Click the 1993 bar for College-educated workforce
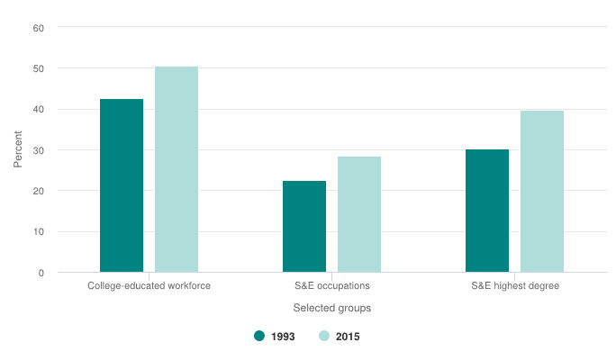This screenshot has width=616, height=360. [122, 185]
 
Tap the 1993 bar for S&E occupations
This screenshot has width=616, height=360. [304, 227]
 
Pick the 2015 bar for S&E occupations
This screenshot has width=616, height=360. [359, 214]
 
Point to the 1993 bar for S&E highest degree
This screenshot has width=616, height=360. [487, 211]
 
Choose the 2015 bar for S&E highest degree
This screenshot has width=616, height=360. [542, 191]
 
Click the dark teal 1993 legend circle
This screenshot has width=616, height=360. [260, 336]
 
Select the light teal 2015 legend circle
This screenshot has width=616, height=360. [324, 336]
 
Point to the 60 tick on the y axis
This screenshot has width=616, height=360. [39, 28]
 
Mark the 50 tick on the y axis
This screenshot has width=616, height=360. [39, 68]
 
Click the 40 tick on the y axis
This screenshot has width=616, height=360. [39, 110]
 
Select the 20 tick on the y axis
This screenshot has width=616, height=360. [39, 191]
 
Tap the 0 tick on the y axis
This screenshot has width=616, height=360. [41, 273]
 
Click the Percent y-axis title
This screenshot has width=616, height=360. [18, 150]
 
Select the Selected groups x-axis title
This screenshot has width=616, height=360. [332, 308]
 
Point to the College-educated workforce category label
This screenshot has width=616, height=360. [149, 286]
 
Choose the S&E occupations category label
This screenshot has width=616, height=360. [332, 286]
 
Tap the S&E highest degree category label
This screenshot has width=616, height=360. [515, 286]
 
